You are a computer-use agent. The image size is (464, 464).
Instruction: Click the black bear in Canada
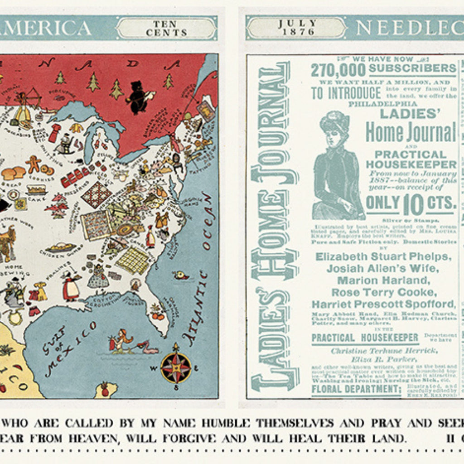pos(139,97)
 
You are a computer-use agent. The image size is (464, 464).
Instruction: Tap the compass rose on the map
pos(175,368)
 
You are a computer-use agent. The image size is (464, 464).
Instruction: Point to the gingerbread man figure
pos(33,164)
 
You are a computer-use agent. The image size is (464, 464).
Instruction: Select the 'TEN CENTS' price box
pos(166,28)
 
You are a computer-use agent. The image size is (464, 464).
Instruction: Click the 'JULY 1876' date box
pos(296,28)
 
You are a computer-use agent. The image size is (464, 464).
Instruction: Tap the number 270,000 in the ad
pos(338,70)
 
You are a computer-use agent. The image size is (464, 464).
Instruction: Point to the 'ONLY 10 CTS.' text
pos(410,203)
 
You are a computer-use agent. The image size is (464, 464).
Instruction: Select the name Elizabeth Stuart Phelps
pos(383,256)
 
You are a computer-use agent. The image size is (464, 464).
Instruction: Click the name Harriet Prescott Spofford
pos(383,304)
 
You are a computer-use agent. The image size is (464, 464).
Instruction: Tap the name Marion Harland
pos(383,280)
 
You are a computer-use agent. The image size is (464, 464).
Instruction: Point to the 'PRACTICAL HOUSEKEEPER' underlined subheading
pos(365,338)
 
